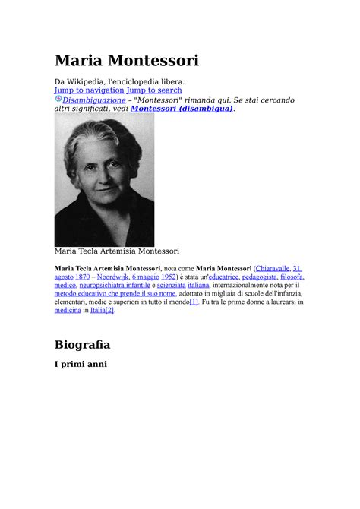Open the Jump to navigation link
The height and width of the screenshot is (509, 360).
[x=89, y=90]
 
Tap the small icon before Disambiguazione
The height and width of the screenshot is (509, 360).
[x=58, y=99]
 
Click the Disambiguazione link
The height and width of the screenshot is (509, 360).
[x=94, y=100]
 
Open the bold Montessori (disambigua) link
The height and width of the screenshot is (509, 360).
[x=182, y=109]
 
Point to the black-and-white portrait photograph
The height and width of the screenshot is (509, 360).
[x=104, y=179]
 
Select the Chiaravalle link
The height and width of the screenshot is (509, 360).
[x=273, y=268]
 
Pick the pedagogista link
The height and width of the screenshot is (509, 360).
[x=261, y=277]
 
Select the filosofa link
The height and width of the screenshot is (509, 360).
[x=292, y=277]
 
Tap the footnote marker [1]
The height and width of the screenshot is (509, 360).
[x=194, y=302]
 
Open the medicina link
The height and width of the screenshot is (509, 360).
[x=68, y=310]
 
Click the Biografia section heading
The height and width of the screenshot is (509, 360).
[x=82, y=344]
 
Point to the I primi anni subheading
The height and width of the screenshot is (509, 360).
[x=81, y=364]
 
